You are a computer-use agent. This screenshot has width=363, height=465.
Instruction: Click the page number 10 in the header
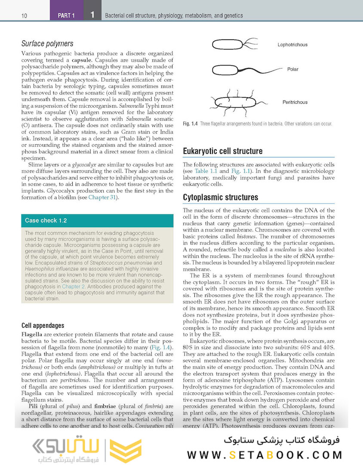coord(24,16)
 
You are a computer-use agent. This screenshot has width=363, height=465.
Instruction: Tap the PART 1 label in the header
coord(66,16)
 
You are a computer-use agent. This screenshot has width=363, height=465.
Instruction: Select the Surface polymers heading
coord(47,43)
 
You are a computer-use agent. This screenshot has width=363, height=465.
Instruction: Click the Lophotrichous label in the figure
coord(292,45)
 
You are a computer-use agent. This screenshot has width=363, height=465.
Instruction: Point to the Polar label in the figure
coord(292,69)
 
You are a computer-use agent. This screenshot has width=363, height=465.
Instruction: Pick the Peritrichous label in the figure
coord(295,102)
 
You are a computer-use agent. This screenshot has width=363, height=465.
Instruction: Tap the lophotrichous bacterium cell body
coord(226,44)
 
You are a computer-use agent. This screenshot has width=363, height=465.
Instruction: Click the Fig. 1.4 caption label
coord(190,124)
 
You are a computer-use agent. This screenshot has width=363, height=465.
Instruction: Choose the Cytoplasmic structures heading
coord(221,197)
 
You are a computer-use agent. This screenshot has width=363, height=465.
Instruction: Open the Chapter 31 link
coord(102,197)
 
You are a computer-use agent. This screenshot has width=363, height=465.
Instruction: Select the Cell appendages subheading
coord(43,325)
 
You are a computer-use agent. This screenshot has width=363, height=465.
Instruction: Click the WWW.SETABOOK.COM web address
coord(265,454)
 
